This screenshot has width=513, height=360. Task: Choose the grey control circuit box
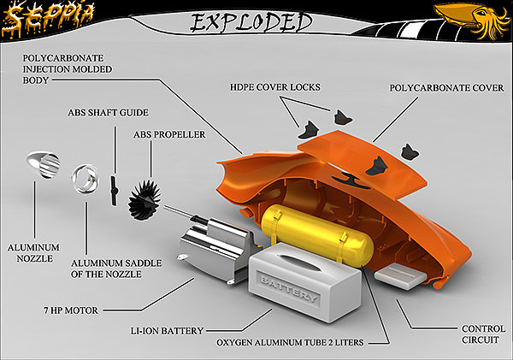pos(398,275)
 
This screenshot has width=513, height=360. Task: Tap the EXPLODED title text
pos(239,21)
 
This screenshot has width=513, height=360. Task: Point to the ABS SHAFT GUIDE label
pos(109,112)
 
